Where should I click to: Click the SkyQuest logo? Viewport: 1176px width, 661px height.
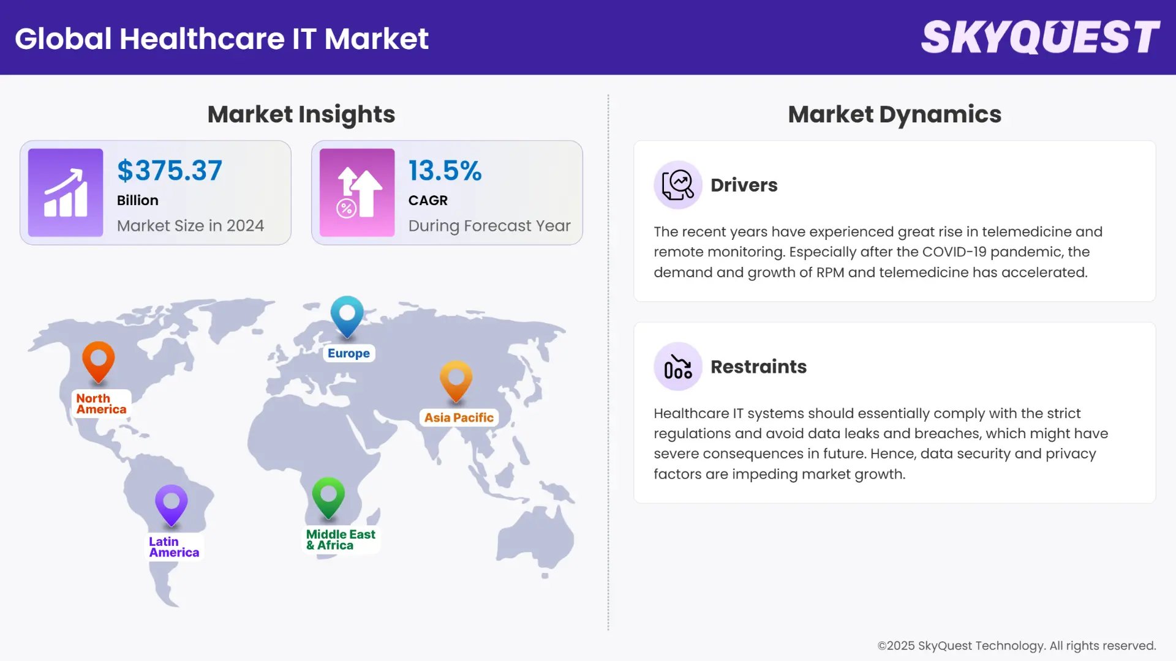coord(1040,38)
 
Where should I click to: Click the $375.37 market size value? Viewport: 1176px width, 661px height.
coord(170,171)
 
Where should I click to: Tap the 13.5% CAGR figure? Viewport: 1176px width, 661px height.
coord(445,171)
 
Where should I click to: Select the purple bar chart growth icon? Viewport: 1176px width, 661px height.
coord(66,193)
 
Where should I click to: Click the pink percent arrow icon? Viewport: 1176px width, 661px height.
coord(357,193)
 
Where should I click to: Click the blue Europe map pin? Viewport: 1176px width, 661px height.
coord(347,315)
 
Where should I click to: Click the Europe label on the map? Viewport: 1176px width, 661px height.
coord(349,353)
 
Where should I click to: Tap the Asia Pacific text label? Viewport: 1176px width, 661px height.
coord(459,417)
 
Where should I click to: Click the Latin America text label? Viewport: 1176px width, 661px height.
coord(174,547)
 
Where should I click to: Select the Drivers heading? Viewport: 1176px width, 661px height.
coord(744,185)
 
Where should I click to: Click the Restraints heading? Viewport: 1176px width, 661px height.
coord(758,367)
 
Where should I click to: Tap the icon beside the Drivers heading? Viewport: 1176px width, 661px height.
coord(677,185)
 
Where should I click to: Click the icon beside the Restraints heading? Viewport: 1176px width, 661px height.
coord(677,367)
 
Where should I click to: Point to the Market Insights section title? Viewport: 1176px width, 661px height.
coord(301,114)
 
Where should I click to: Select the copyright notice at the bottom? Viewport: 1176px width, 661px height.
coord(1016,646)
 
